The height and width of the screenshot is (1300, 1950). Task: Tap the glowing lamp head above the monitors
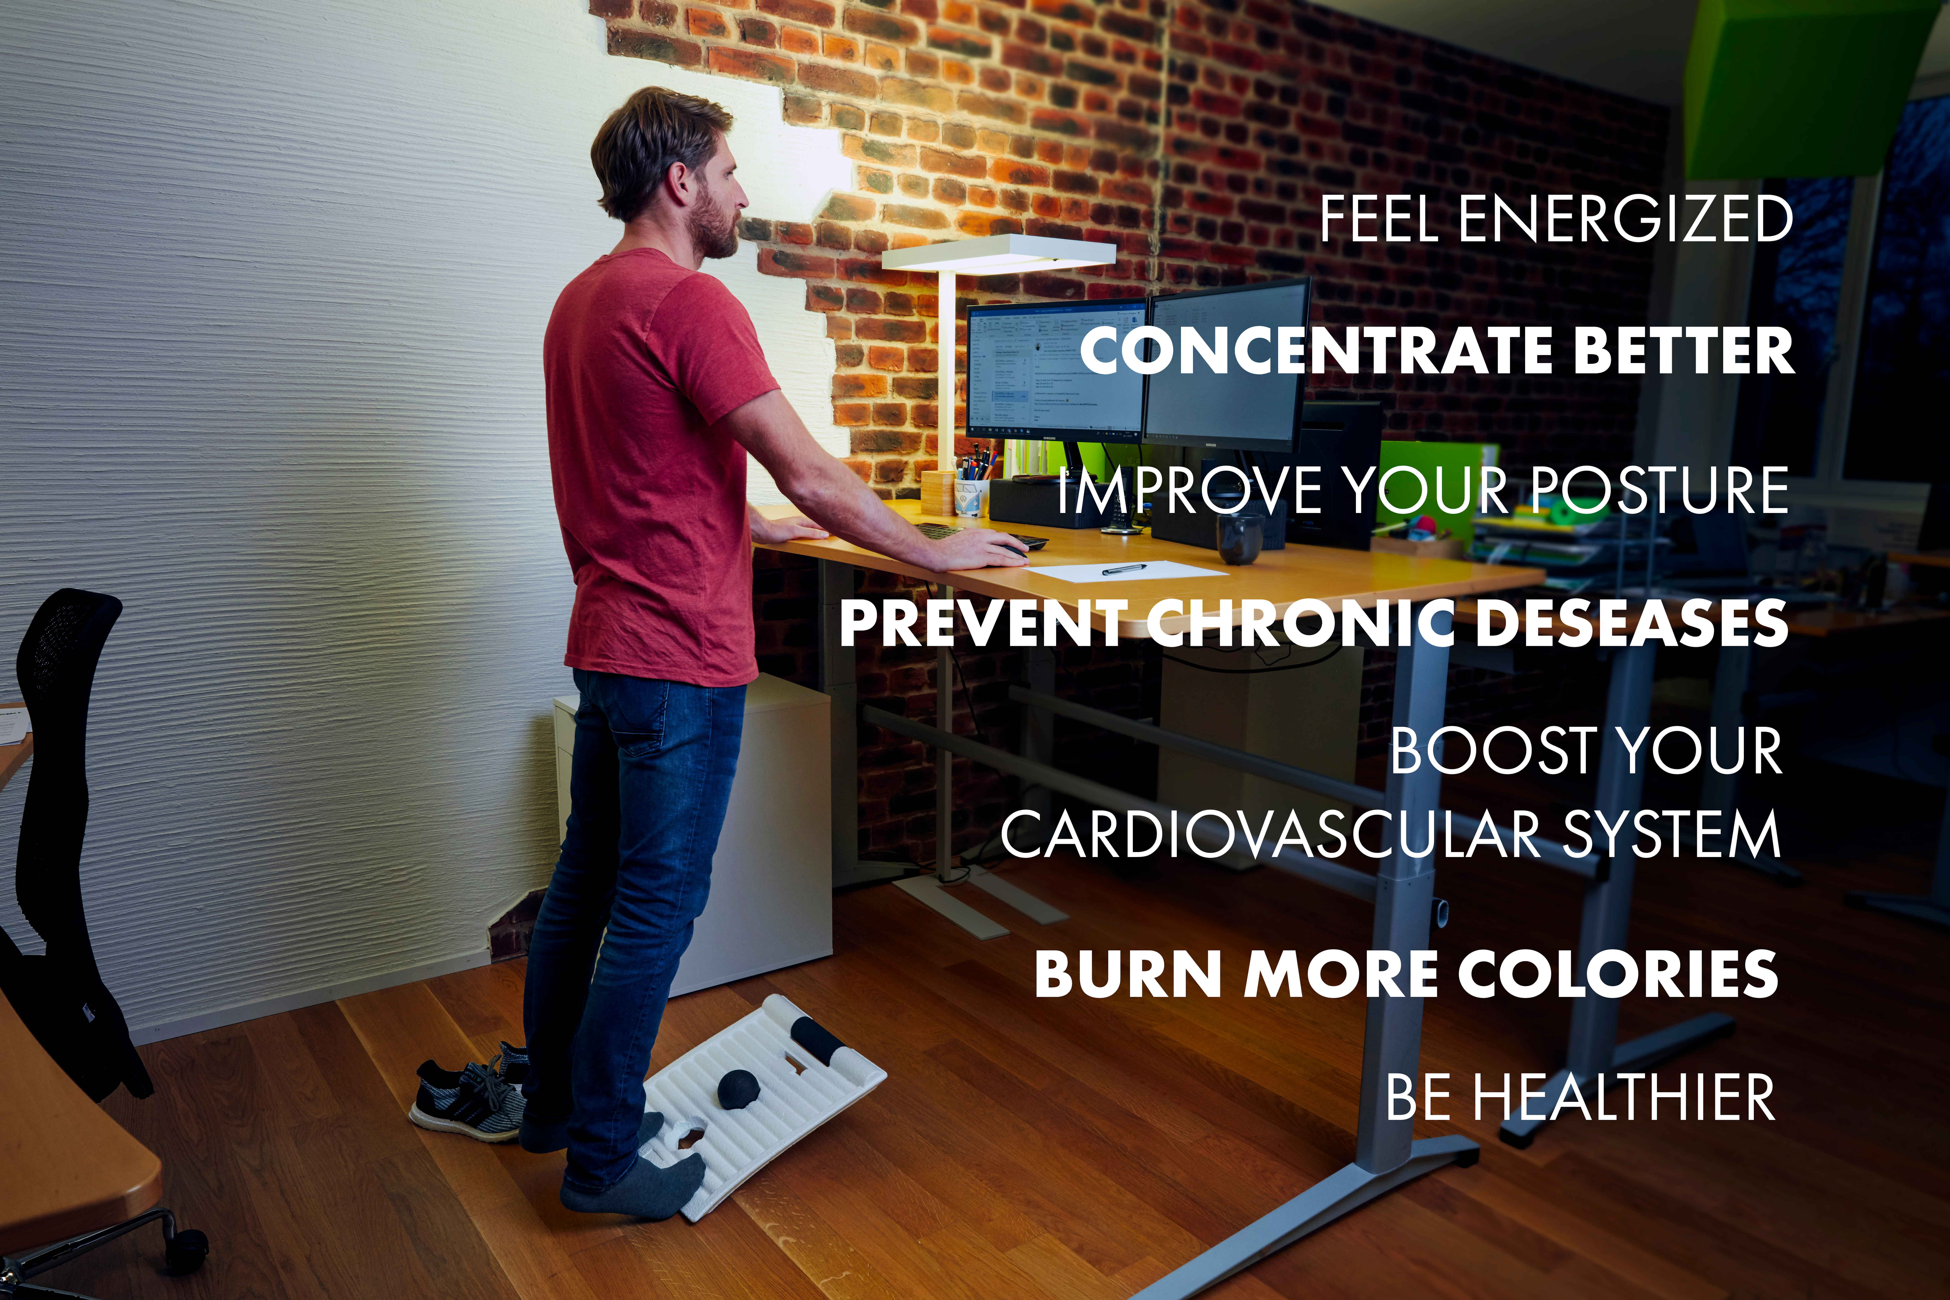pos(999,251)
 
